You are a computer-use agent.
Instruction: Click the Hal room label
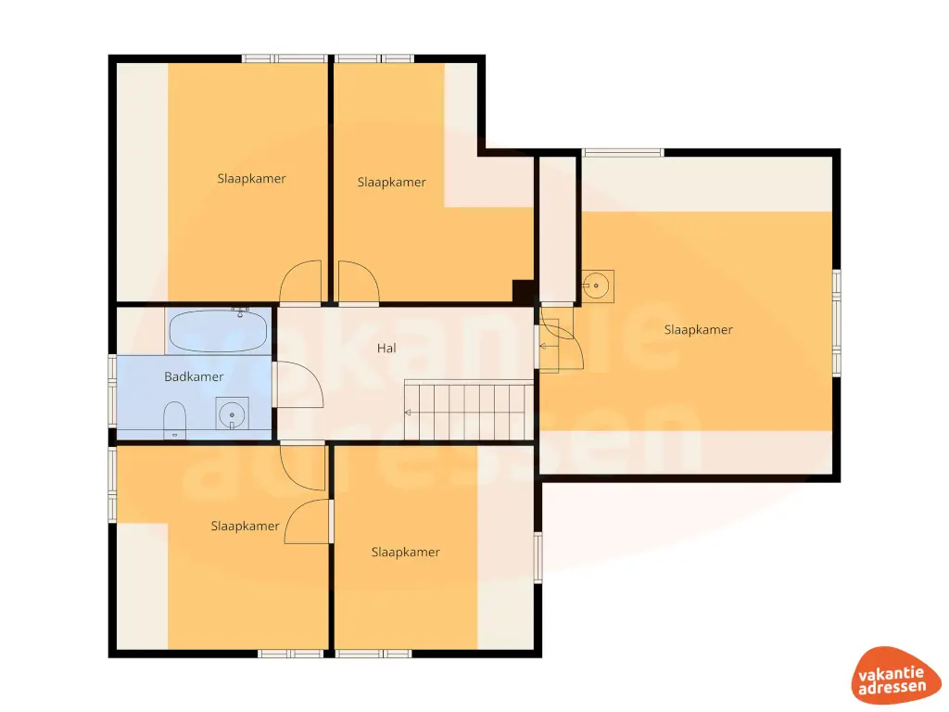(x=386, y=349)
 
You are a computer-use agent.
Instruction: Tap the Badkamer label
(x=194, y=376)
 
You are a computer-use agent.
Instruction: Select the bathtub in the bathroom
(x=219, y=330)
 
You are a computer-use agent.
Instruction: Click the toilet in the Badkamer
(x=174, y=420)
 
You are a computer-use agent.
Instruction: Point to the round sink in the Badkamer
(x=233, y=413)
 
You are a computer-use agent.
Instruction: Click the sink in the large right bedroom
(x=597, y=286)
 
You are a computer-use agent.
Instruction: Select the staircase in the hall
(x=469, y=412)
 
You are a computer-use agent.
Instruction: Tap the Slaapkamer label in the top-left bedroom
(x=251, y=178)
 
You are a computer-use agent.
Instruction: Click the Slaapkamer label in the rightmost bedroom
(x=698, y=329)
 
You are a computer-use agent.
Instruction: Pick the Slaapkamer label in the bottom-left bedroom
(x=245, y=526)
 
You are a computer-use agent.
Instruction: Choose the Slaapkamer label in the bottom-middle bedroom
(x=405, y=552)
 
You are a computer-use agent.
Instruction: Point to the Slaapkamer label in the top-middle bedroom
(x=391, y=182)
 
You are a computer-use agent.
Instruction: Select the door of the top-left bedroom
(x=302, y=283)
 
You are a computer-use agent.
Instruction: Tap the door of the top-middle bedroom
(x=358, y=283)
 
